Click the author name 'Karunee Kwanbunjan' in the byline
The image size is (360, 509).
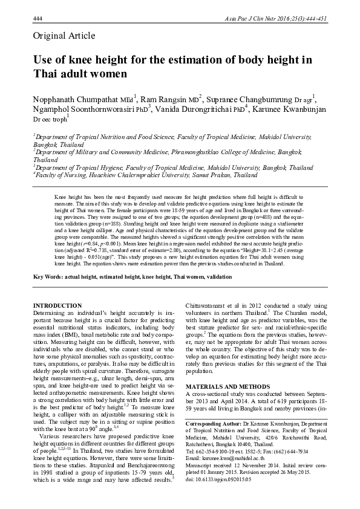(x=291, y=109)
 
